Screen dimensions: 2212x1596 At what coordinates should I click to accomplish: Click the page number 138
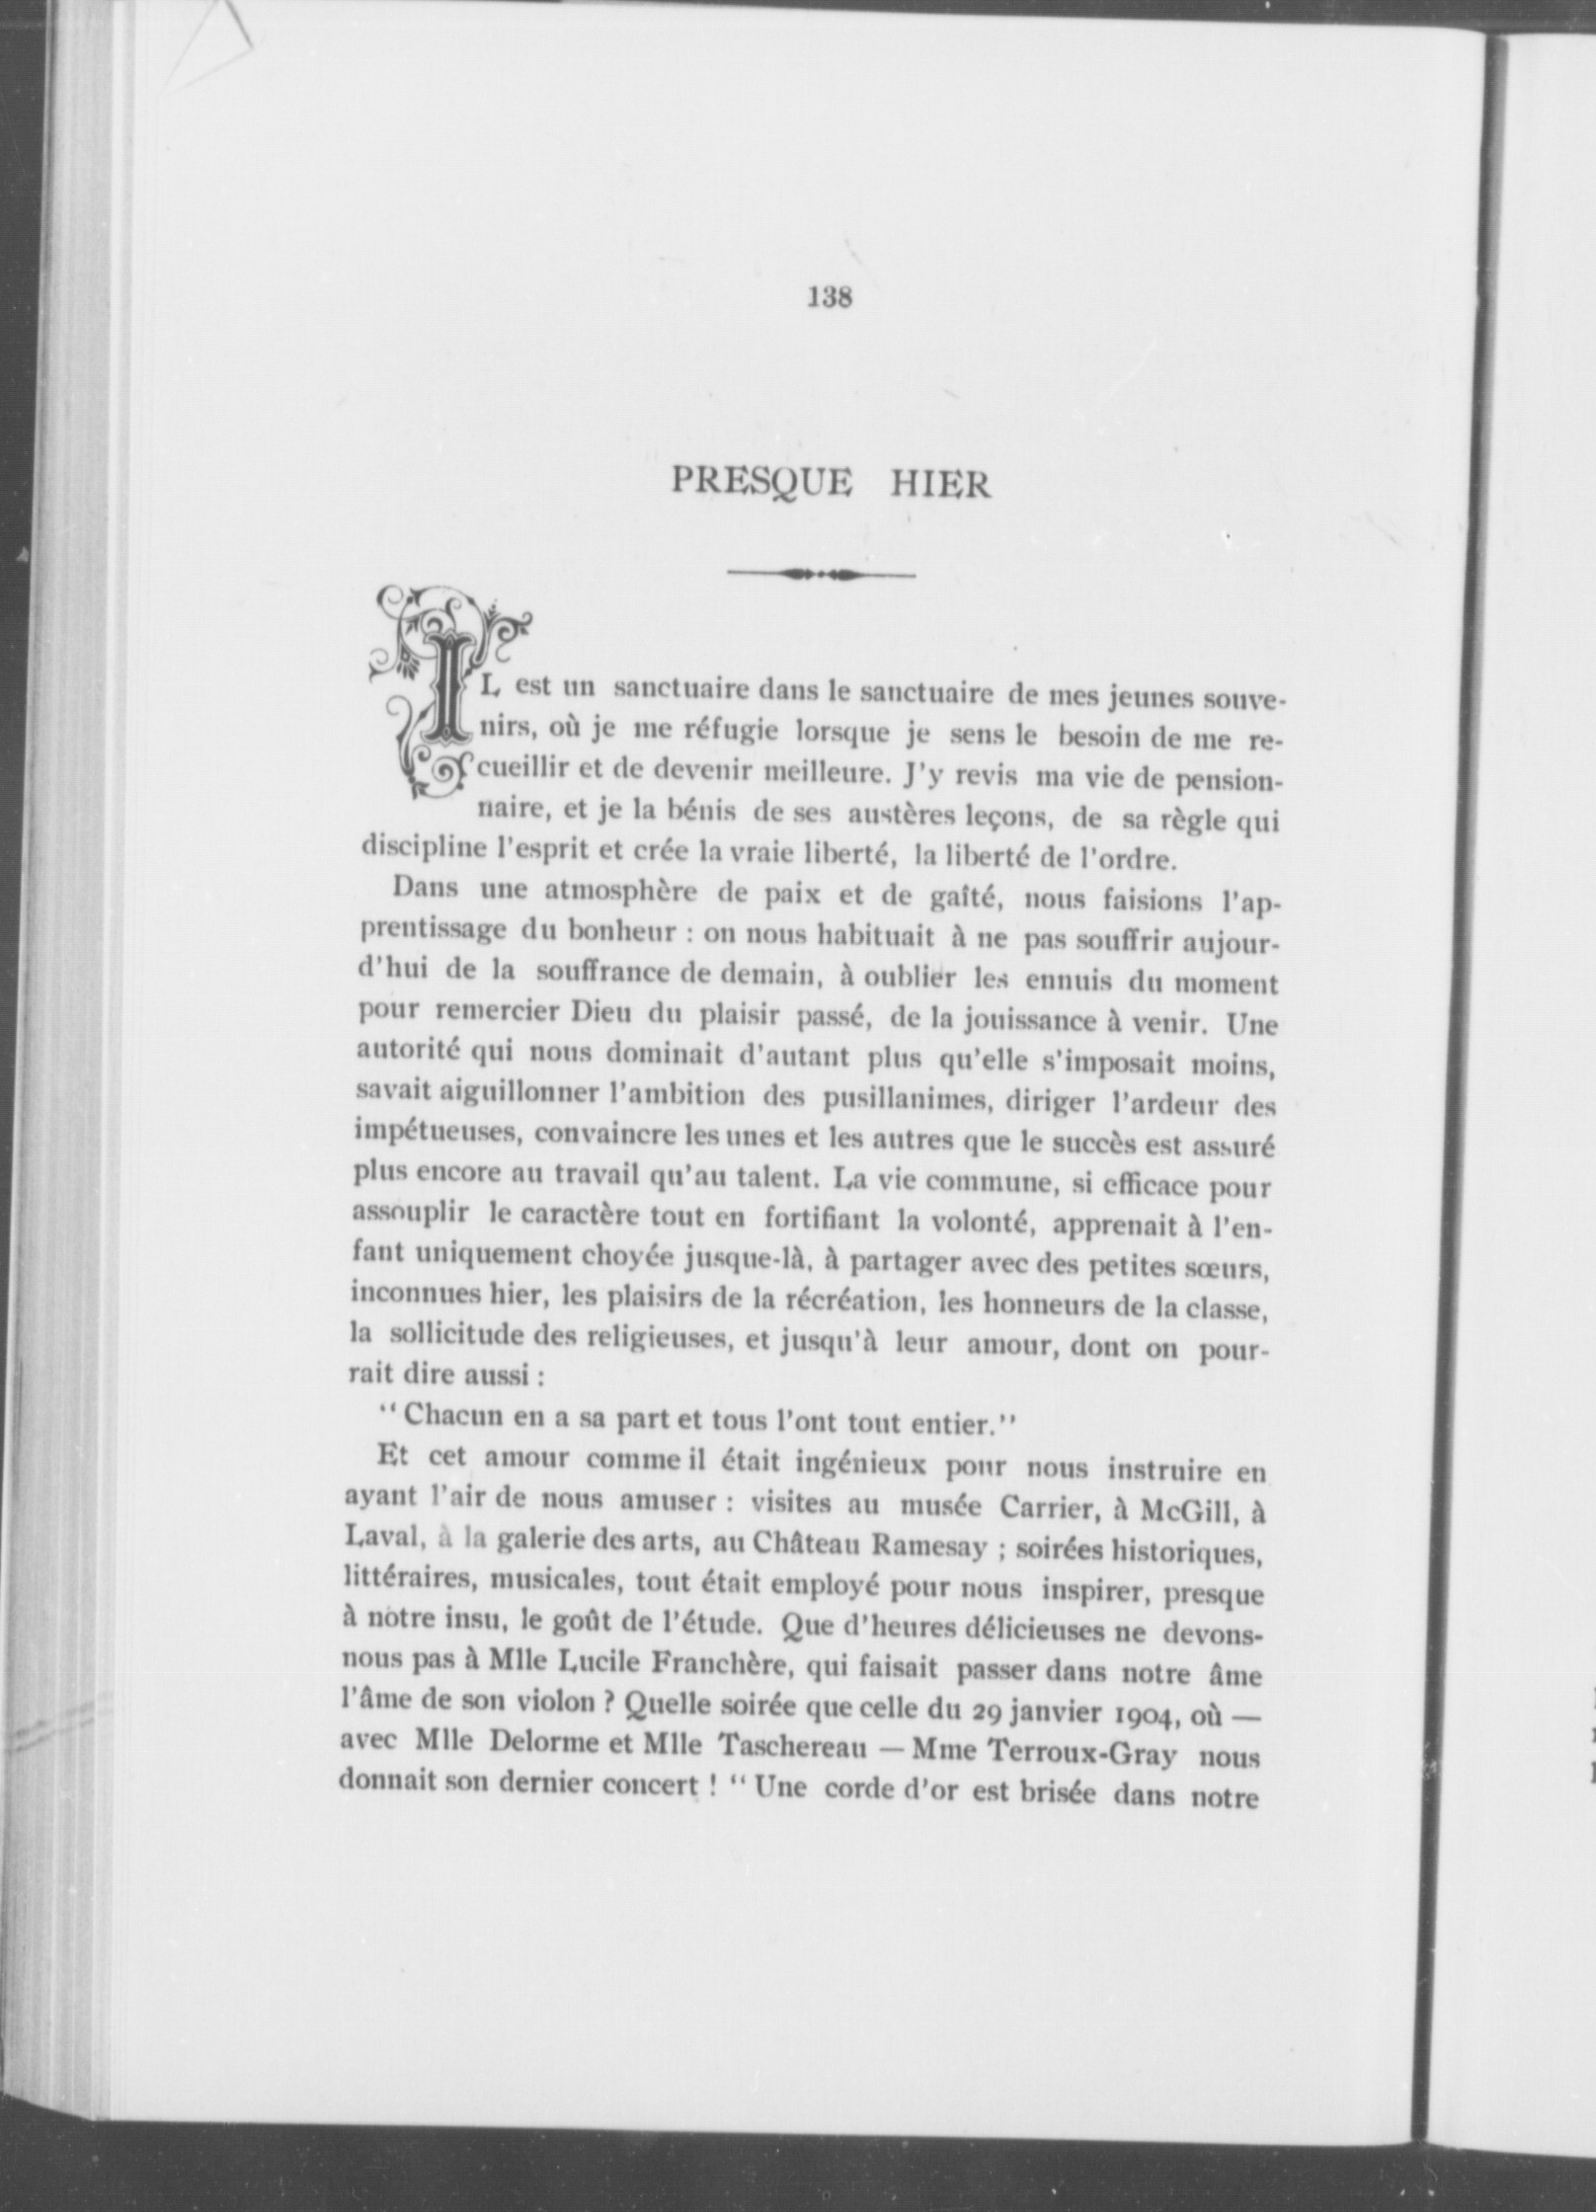[x=829, y=296]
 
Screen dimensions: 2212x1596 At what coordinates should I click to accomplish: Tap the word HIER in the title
[x=939, y=486]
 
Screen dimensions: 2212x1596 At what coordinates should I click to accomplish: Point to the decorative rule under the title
[x=821, y=574]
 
